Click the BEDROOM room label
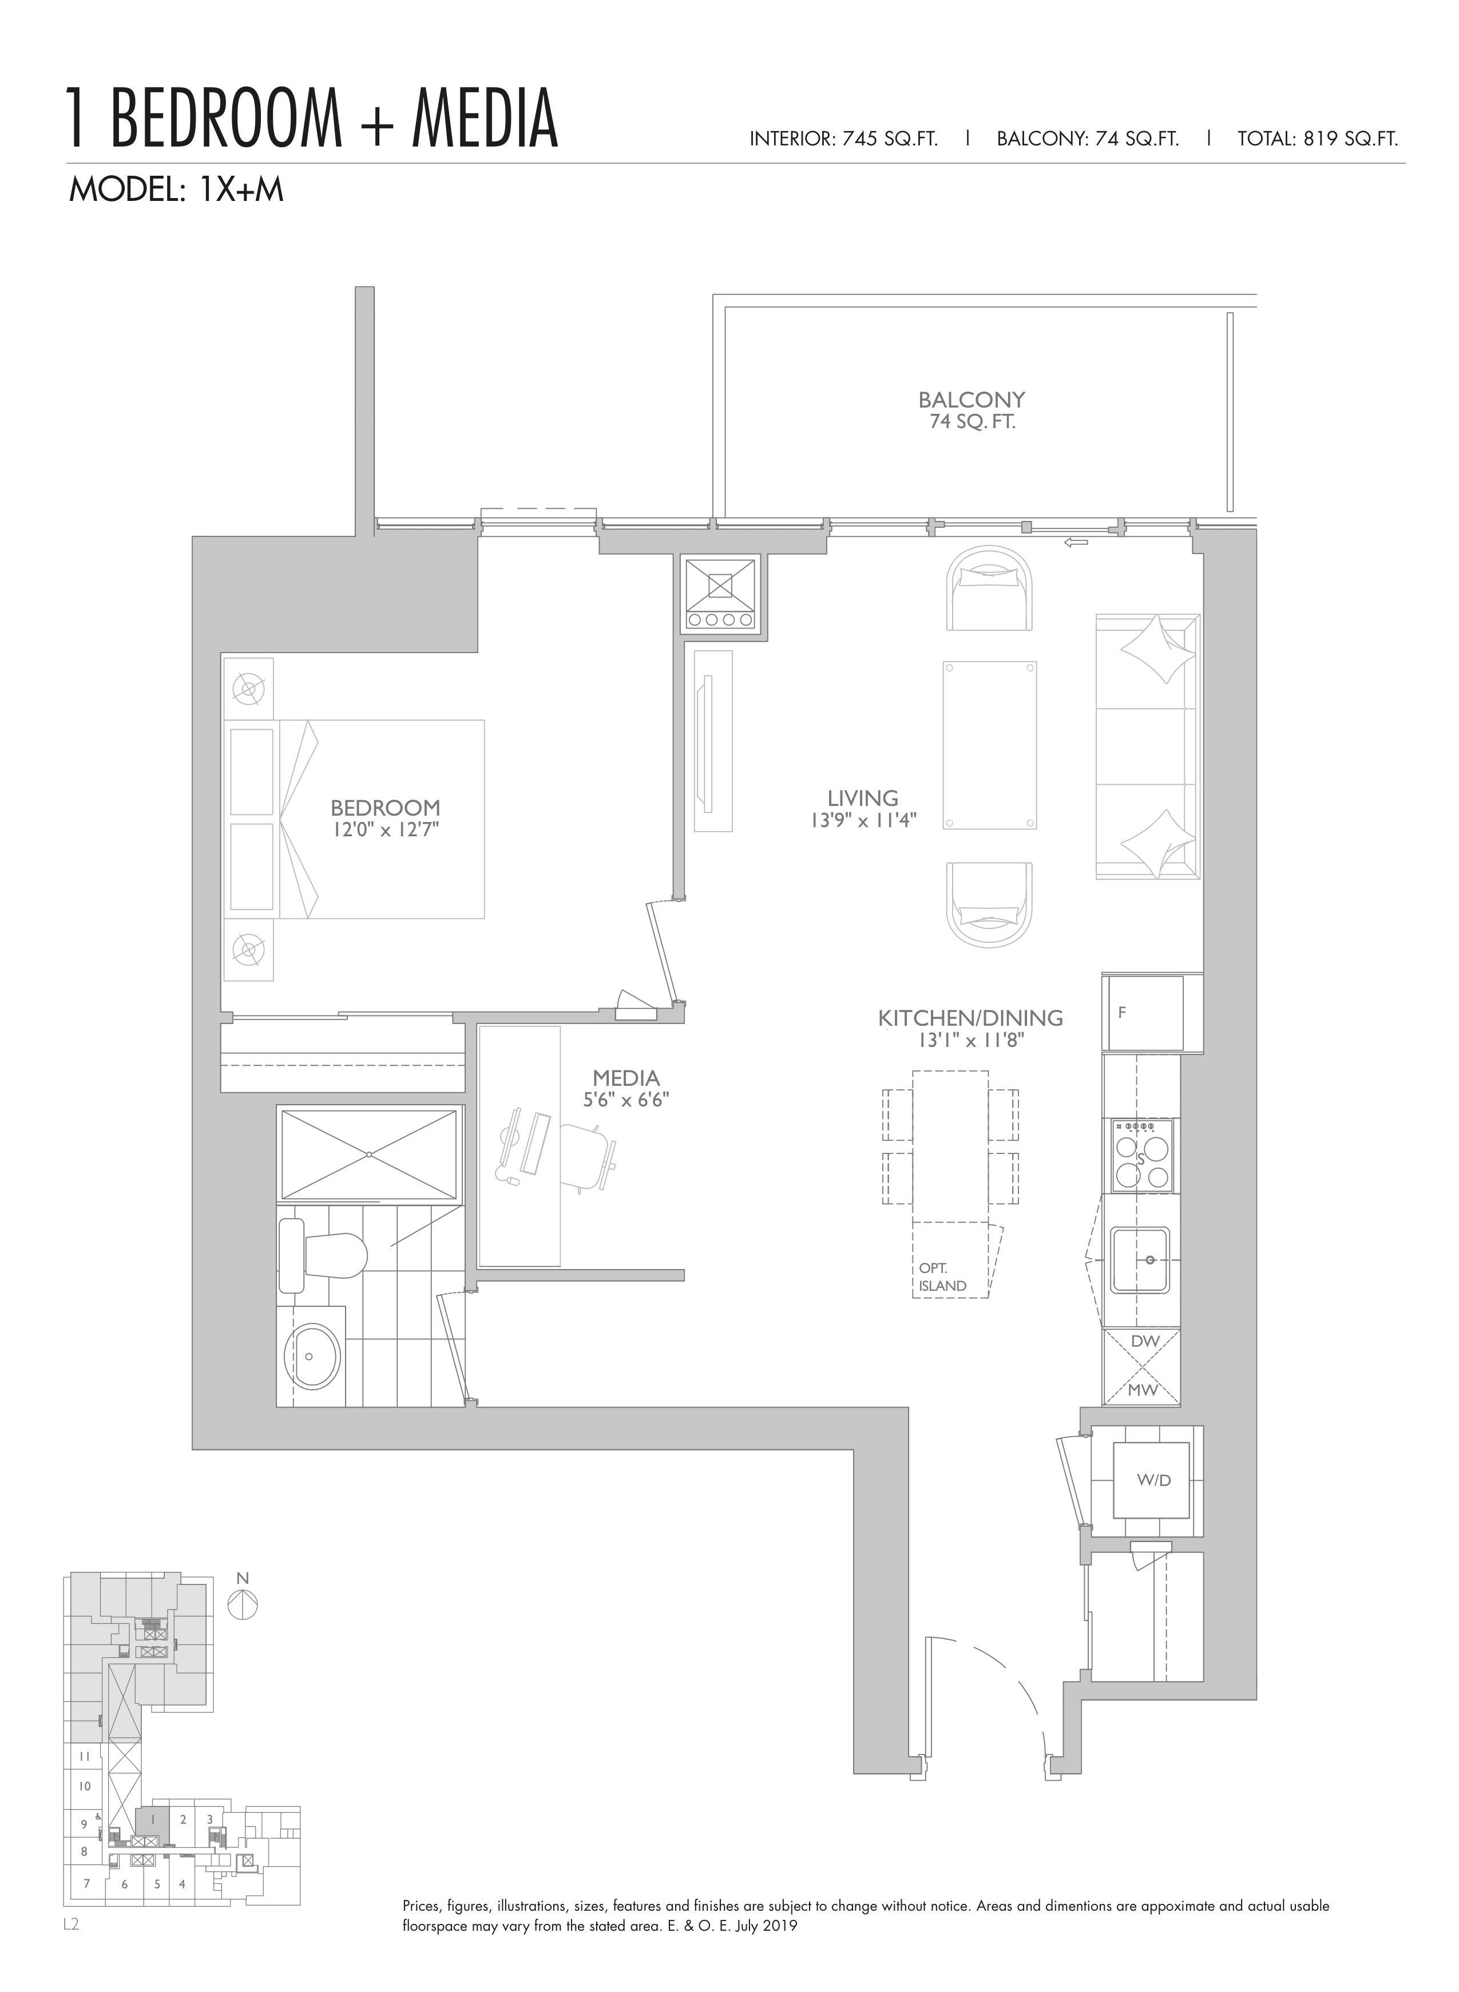click(x=385, y=808)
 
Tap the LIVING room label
click(x=863, y=799)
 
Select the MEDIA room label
click(x=626, y=1078)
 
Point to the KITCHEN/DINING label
click(x=970, y=1018)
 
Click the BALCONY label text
click(x=972, y=400)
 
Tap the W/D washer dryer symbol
click(x=1153, y=1480)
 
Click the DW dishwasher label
click(x=1144, y=1341)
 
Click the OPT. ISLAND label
click(x=942, y=1278)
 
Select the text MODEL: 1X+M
click(x=177, y=190)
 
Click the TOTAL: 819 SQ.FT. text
click(x=1318, y=139)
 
